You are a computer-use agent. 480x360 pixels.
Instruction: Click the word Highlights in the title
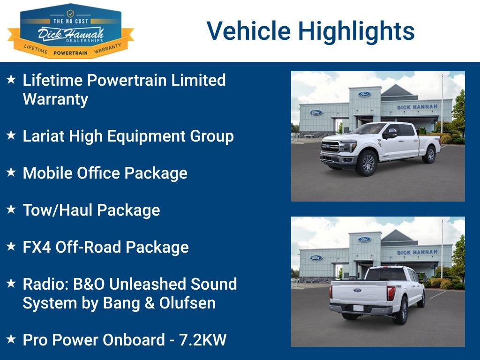click(356, 31)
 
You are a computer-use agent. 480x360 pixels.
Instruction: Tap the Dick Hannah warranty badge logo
click(70, 31)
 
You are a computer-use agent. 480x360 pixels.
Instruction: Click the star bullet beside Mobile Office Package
click(11, 172)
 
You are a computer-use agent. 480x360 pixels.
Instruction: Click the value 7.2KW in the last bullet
click(203, 340)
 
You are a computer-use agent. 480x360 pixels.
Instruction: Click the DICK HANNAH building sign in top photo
click(417, 107)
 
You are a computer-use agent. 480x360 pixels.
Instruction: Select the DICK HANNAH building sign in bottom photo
click(417, 252)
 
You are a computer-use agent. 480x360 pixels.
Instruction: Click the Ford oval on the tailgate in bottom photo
click(358, 291)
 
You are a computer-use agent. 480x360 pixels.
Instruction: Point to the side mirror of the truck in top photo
click(390, 134)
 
